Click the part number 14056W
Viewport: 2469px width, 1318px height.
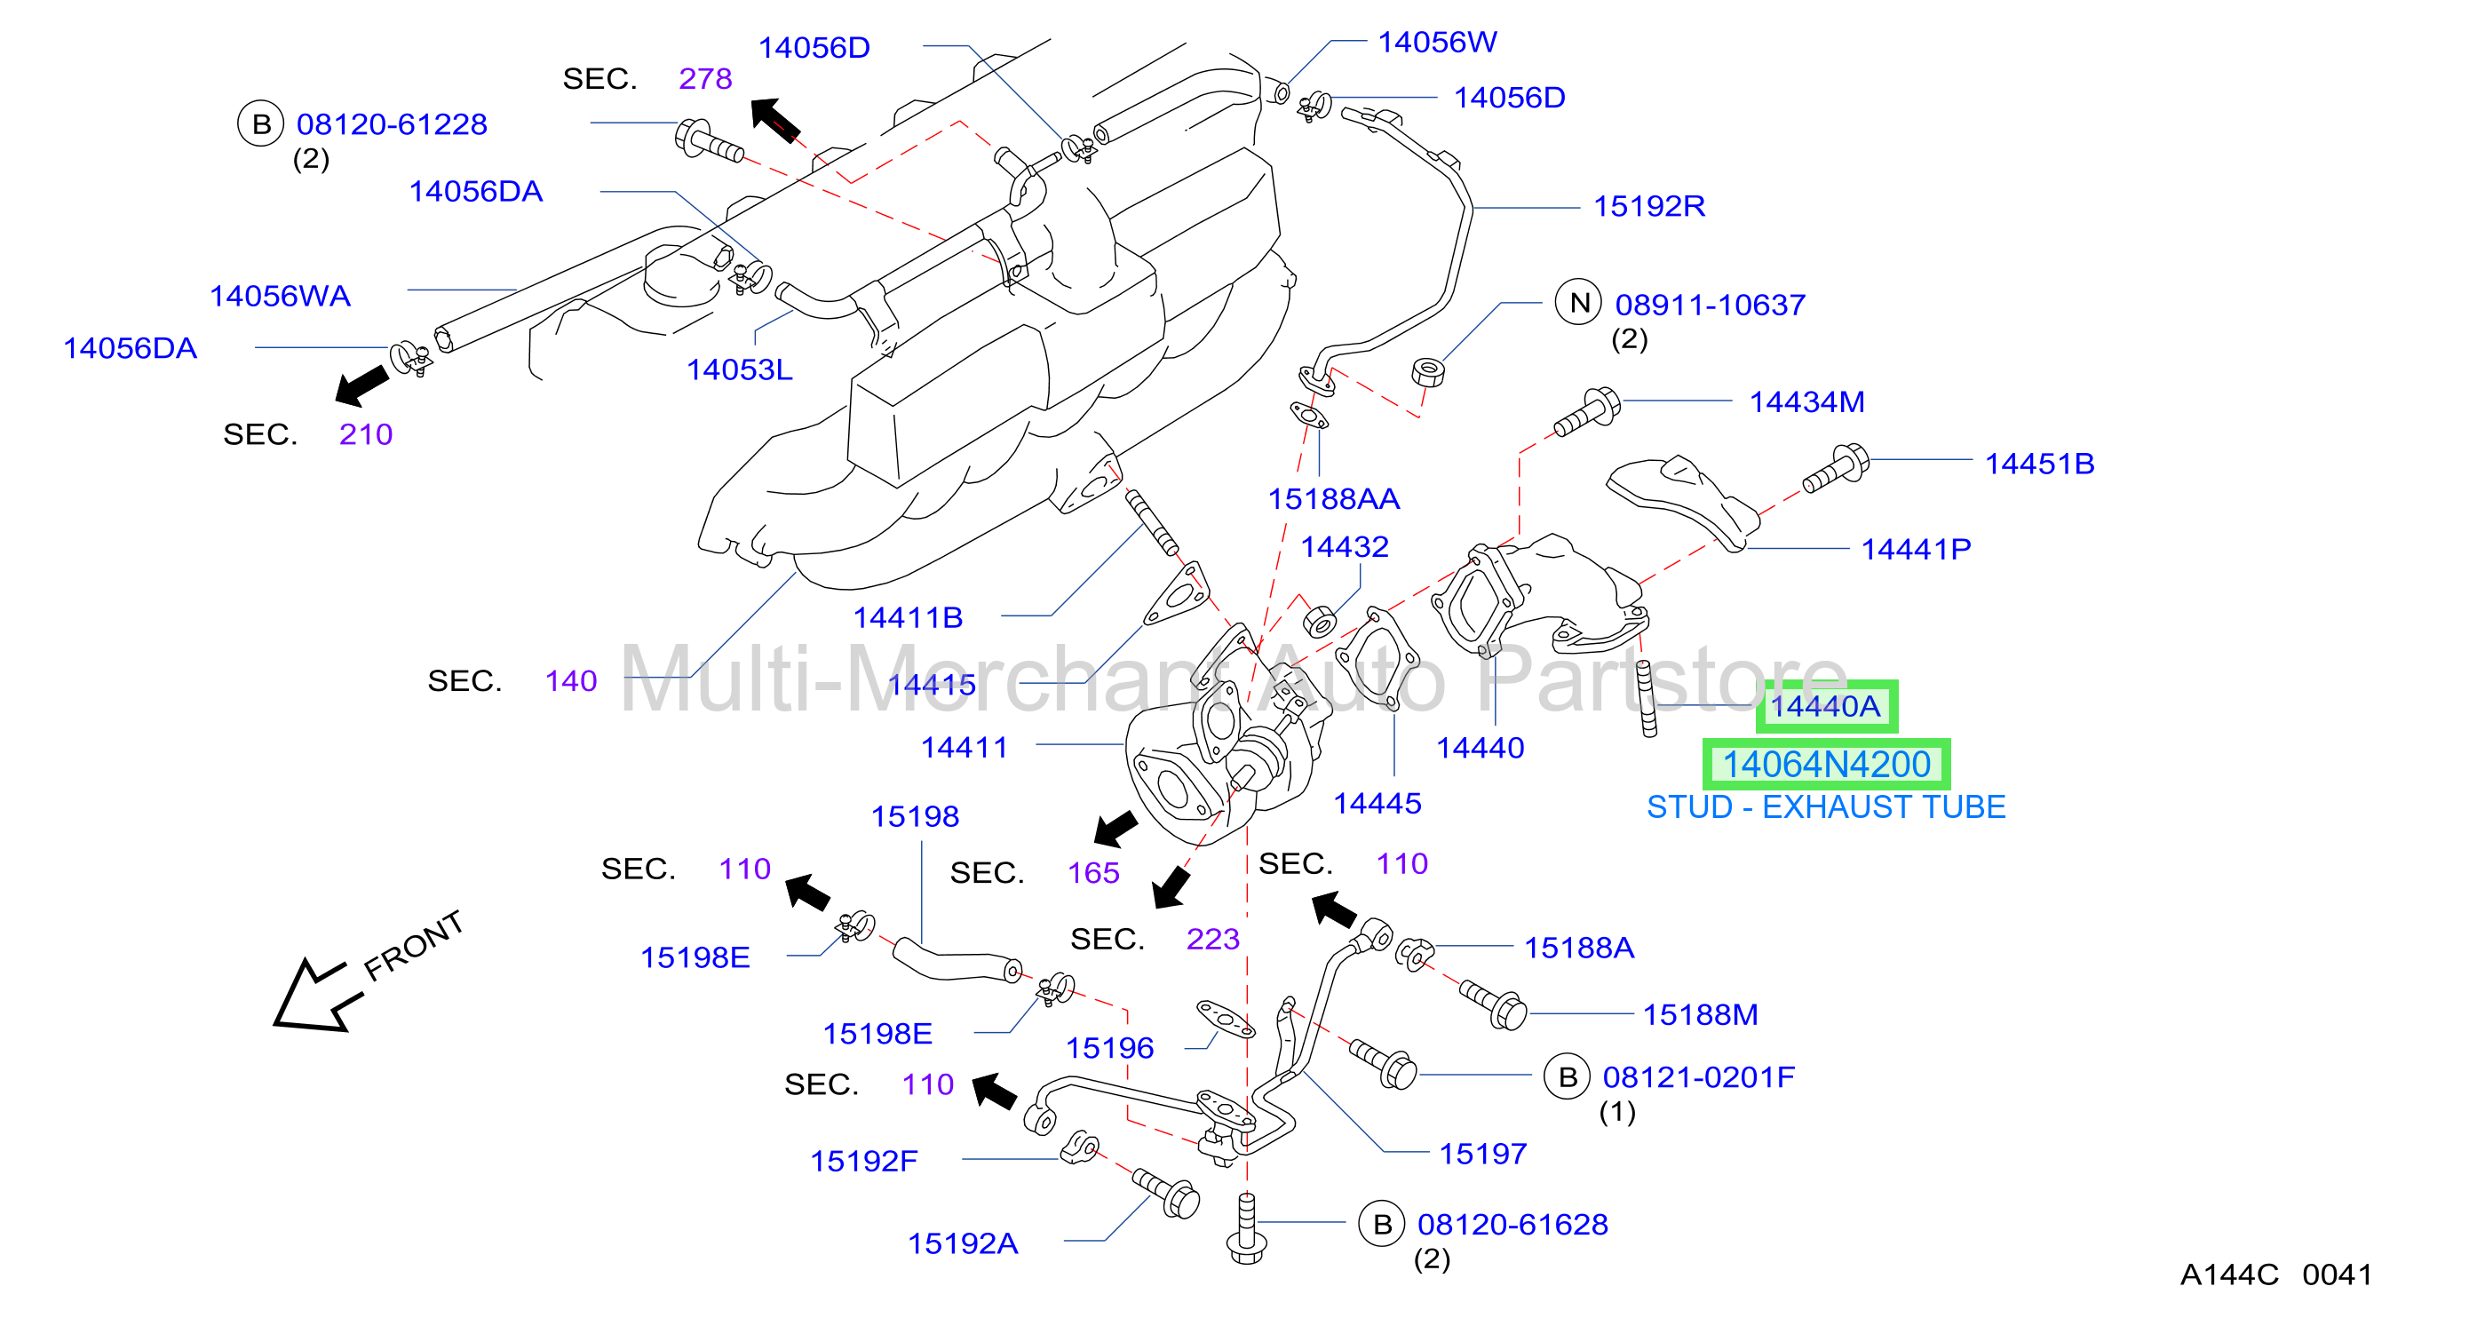(1436, 42)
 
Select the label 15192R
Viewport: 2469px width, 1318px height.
(1648, 206)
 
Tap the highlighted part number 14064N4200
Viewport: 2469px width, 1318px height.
(1826, 764)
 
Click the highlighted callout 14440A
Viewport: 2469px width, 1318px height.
(1826, 706)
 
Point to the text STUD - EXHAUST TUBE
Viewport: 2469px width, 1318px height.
(1826, 807)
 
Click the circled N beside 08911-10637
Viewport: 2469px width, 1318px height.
(1578, 303)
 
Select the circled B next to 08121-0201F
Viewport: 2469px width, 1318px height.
(1567, 1076)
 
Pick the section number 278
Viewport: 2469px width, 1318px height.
(705, 79)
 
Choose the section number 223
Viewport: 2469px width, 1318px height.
(1212, 939)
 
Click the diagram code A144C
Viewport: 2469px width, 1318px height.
(2228, 1274)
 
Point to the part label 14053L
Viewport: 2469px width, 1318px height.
(739, 369)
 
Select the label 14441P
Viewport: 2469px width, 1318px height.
(1915, 549)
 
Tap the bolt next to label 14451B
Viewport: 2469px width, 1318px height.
(1836, 469)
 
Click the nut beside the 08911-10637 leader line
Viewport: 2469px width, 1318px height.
(1428, 371)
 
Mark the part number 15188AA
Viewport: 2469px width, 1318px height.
(1333, 498)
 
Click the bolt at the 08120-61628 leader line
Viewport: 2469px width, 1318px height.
(1246, 1229)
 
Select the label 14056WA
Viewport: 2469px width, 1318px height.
(280, 296)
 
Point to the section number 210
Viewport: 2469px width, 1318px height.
(365, 434)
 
